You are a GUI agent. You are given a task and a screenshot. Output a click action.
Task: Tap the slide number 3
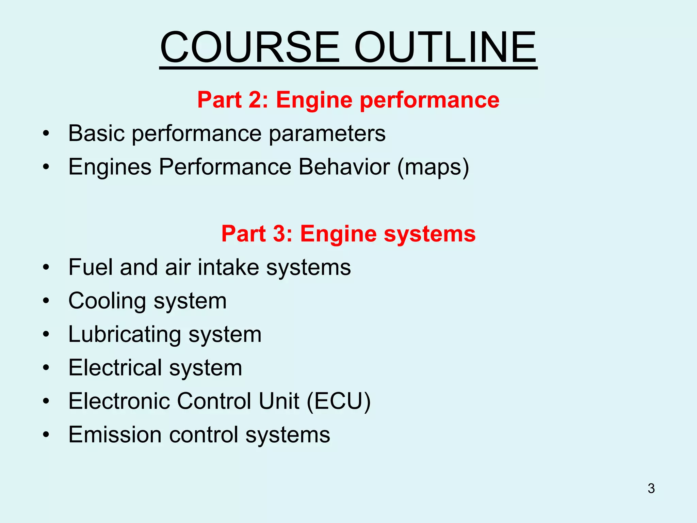pyautogui.click(x=651, y=488)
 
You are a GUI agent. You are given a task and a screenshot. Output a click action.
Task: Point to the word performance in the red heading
pyautogui.click(x=429, y=100)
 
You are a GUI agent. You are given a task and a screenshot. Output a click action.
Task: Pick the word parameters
pyautogui.click(x=327, y=133)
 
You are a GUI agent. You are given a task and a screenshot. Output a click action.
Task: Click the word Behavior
pyautogui.click(x=344, y=167)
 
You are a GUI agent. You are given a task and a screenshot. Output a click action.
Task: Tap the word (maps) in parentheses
pyautogui.click(x=433, y=167)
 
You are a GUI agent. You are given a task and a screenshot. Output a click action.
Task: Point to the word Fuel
pyautogui.click(x=91, y=267)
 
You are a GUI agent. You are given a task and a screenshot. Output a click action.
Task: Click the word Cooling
pyautogui.click(x=107, y=301)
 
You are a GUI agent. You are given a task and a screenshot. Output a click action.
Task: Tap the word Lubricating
pyautogui.click(x=125, y=334)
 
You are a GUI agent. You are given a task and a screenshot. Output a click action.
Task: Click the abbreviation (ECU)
pyautogui.click(x=339, y=401)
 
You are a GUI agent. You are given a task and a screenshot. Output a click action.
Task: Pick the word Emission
pyautogui.click(x=115, y=434)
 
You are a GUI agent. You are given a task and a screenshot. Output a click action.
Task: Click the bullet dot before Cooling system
pyautogui.click(x=46, y=301)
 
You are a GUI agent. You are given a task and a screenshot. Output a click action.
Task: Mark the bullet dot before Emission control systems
pyautogui.click(x=46, y=435)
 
